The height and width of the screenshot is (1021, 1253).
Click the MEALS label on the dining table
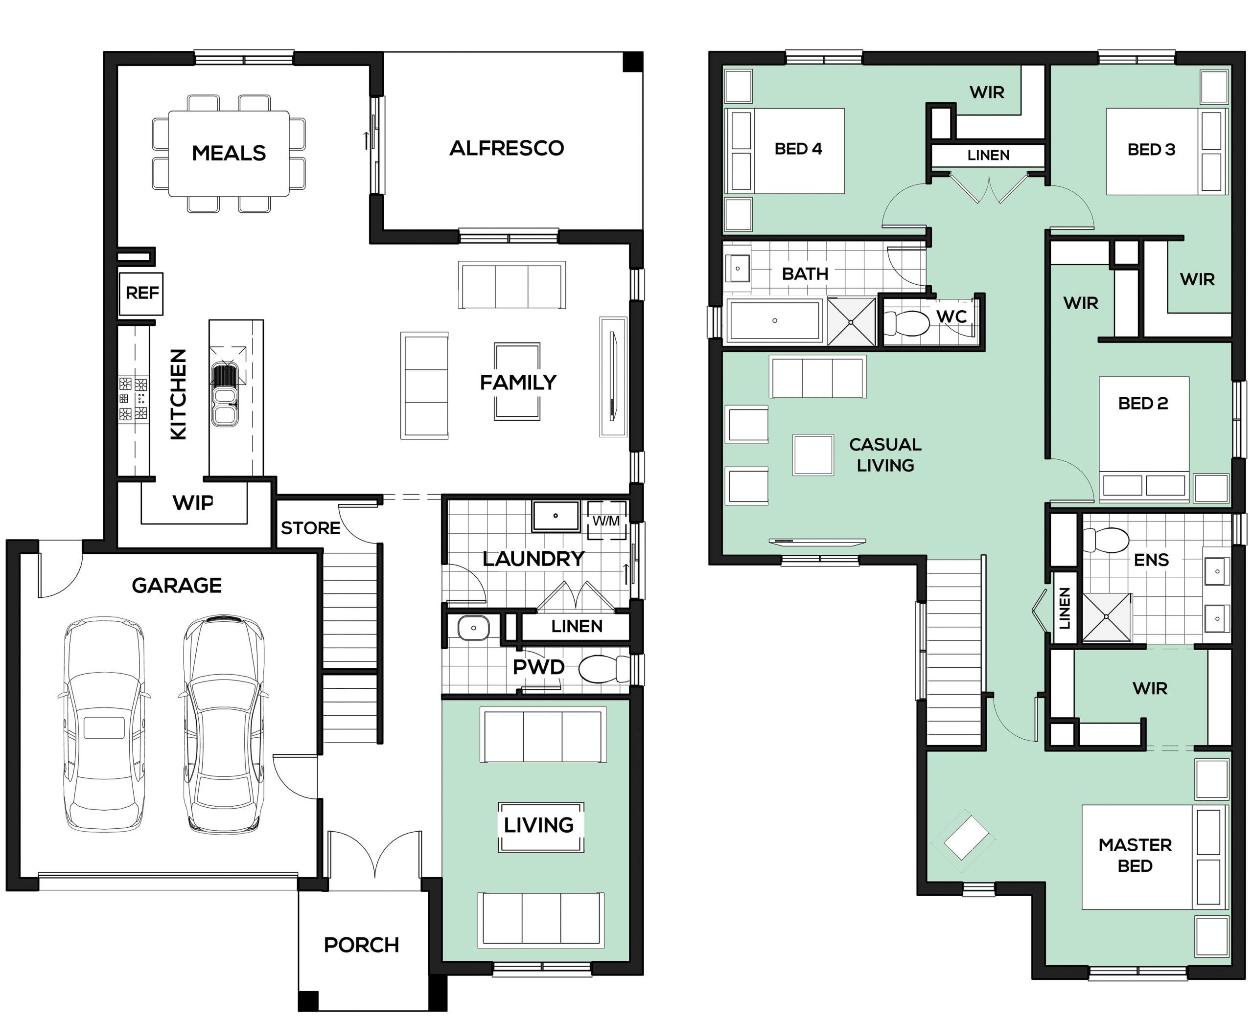pos(229,153)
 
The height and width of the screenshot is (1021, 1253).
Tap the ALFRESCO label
pos(507,148)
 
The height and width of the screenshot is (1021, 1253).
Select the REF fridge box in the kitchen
pos(141,293)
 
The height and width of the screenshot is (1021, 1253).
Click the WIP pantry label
pos(193,503)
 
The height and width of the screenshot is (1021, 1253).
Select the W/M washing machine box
pos(606,520)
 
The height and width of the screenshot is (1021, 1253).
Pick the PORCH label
pos(361,945)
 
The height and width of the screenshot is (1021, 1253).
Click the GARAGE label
pos(177,585)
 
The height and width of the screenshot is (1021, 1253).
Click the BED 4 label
pos(798,149)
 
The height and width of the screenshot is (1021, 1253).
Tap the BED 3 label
pos(1151,149)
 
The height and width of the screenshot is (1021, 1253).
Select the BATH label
pos(805,273)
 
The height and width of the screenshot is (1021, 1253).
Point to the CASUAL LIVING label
pos(885,454)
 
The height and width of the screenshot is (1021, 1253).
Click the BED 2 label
pos(1143,404)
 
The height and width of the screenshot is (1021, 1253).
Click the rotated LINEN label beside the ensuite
pos(1064,608)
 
